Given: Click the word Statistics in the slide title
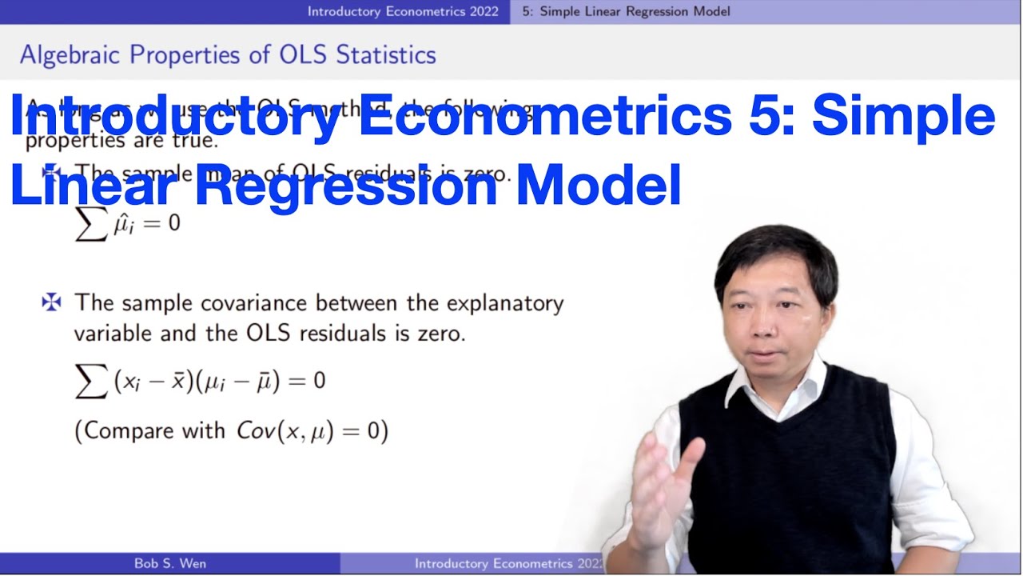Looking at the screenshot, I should (386, 54).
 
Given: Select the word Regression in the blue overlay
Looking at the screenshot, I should (346, 186).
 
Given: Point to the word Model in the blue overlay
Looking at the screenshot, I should (598, 186).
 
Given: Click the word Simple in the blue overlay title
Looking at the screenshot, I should (903, 117).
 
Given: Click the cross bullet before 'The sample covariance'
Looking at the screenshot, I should (51, 302).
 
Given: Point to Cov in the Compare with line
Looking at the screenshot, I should (255, 430).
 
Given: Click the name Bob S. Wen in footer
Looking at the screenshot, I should (169, 563).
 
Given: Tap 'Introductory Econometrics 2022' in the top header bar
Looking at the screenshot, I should (403, 11).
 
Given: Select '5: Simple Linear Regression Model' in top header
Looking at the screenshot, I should (626, 11).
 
